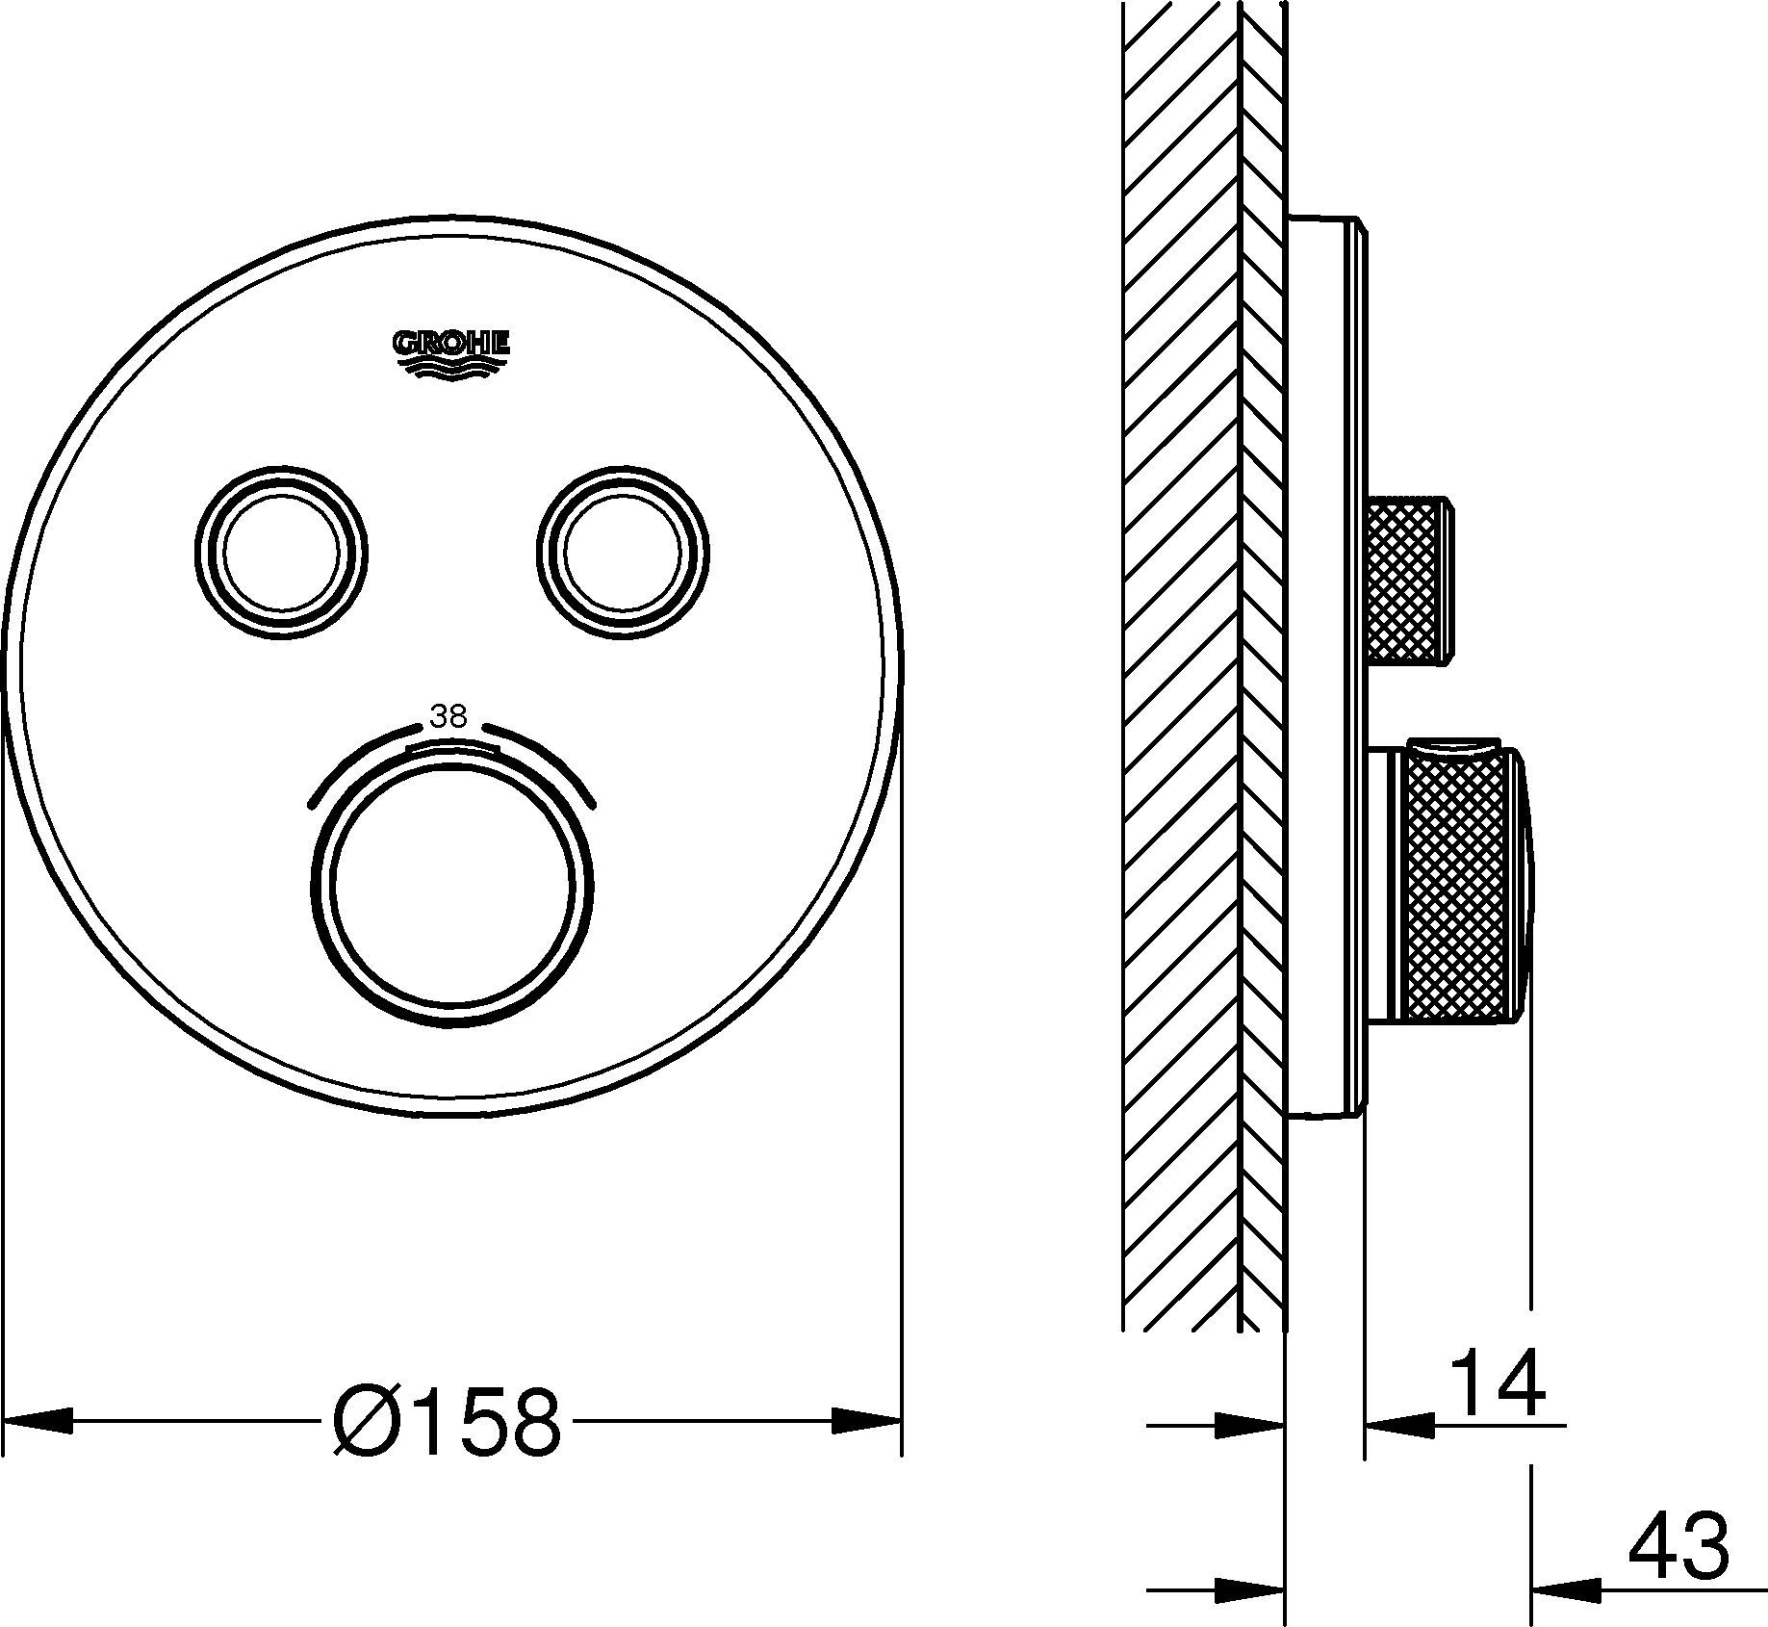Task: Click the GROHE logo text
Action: click(450, 343)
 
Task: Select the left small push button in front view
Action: click(280, 554)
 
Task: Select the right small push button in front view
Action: click(623, 554)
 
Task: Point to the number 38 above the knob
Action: click(449, 717)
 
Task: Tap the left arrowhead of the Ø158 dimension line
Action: click(38, 1421)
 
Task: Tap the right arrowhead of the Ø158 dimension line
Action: click(866, 1421)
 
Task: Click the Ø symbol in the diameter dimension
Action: click(362, 1423)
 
